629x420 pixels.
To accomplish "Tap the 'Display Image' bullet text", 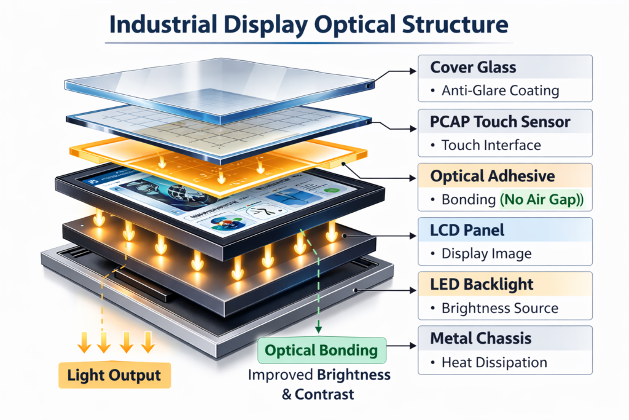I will click(x=486, y=254).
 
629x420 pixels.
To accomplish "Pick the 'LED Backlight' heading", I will click(x=482, y=284).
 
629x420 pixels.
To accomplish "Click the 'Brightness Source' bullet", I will click(x=500, y=308).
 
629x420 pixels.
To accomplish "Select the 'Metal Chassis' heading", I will click(x=481, y=338).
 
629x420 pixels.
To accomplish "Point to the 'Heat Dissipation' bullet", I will click(x=494, y=362).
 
